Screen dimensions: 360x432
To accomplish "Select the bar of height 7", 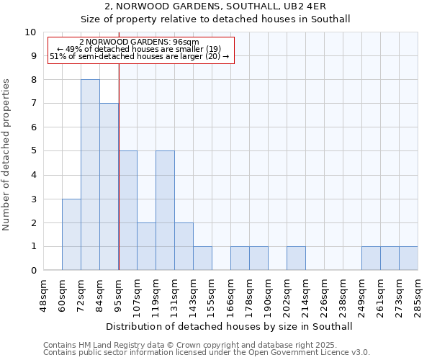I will tap(109, 187).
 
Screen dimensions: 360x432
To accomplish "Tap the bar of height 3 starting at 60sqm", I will tap(71, 235).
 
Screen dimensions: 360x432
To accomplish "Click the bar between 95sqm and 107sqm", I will tap(127, 211).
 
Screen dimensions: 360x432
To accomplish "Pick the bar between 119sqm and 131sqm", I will tap(165, 211).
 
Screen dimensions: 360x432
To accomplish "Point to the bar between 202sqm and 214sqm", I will tap(296, 258).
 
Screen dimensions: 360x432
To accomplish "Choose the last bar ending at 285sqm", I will tap(408, 258).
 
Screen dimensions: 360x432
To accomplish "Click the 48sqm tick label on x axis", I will tap(44, 294).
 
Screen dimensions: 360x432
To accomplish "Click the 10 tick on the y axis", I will tap(30, 32).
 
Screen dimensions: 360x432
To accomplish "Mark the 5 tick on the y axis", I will tap(33, 151).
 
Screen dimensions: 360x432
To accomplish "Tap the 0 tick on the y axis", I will tap(33, 271).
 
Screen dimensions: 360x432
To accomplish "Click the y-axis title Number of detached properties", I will tap(8, 155).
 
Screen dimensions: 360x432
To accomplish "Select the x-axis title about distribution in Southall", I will tap(228, 326).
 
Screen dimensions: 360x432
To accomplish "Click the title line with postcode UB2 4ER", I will tap(215, 6).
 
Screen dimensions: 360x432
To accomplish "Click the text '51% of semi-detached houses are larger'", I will tap(140, 56).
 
